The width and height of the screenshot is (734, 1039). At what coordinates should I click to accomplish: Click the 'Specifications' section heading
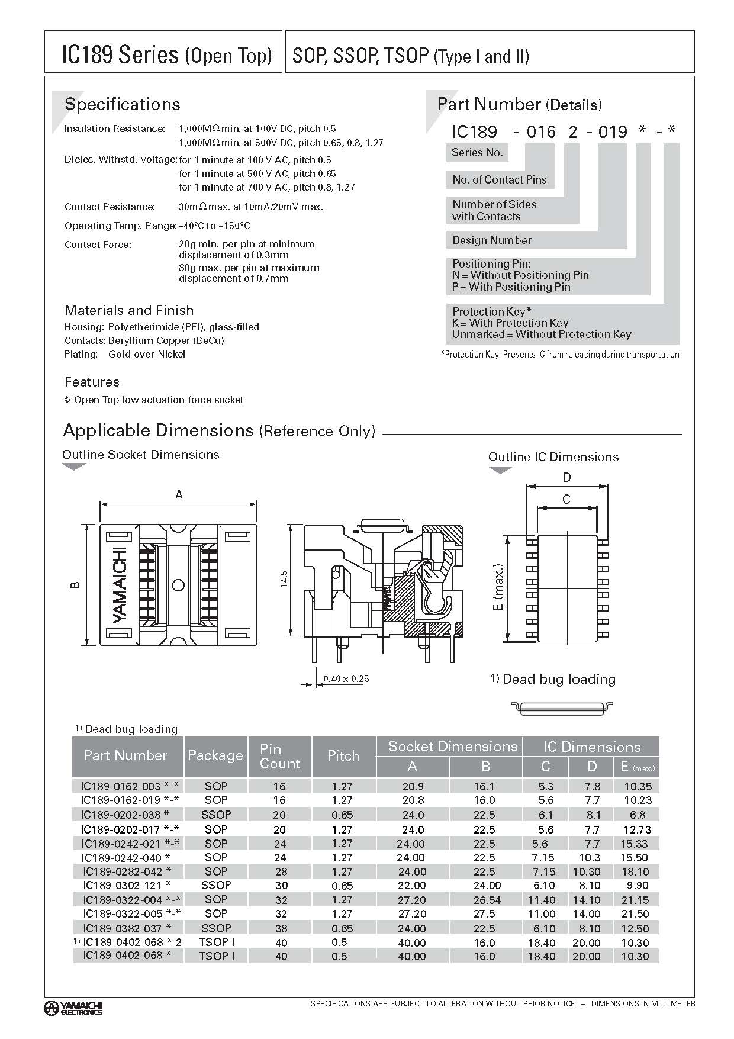[x=122, y=104]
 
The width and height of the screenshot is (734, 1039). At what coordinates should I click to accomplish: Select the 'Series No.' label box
[x=477, y=153]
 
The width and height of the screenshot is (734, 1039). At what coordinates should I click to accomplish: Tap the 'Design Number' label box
[x=492, y=240]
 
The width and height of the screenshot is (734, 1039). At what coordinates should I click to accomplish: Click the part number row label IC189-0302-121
[x=127, y=885]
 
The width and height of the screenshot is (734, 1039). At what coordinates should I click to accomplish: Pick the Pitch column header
[x=343, y=756]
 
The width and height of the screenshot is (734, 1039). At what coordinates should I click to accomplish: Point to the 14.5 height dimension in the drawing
[x=284, y=578]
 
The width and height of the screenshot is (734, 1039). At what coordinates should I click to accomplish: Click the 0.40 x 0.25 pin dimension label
[x=346, y=678]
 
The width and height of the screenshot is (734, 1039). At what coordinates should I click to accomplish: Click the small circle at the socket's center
[x=178, y=586]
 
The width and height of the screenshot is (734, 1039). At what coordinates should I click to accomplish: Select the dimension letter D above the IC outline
[x=566, y=478]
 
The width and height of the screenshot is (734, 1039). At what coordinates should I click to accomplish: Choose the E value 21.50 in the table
[x=635, y=913]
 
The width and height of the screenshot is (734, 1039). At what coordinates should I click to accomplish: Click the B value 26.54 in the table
[x=487, y=900]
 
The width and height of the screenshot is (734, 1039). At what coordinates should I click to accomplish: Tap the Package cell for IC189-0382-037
[x=216, y=928]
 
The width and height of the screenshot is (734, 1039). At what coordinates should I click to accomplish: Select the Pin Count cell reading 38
[x=281, y=928]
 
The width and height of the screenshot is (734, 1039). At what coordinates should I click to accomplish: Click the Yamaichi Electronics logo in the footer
[x=73, y=1008]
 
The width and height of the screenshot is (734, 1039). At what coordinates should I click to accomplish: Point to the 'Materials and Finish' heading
[x=129, y=310]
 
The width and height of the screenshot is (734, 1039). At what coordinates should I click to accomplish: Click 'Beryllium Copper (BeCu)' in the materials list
[x=166, y=340]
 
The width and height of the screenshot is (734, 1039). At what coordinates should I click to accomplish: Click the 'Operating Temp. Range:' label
[x=120, y=226]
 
